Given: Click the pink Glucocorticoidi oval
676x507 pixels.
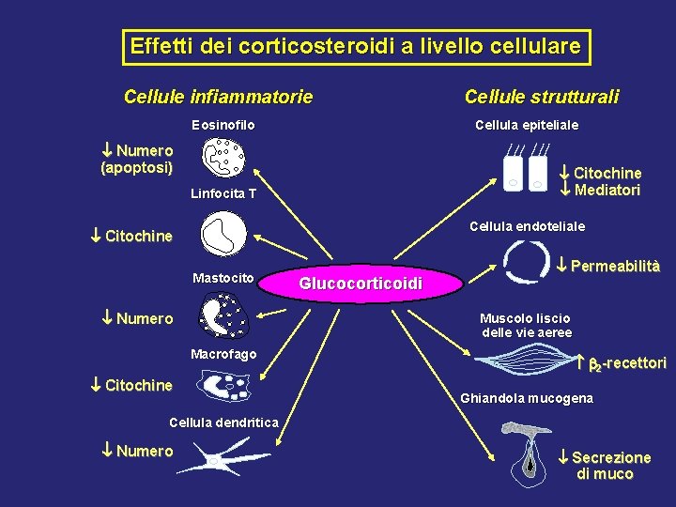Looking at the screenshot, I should pos(361,284).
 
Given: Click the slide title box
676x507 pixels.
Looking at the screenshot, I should pos(356,46).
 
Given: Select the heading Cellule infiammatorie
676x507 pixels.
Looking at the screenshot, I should pos(218,97).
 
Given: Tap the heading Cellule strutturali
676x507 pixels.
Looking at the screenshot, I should pos(541,97).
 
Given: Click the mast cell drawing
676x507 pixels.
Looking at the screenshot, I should pos(223,315).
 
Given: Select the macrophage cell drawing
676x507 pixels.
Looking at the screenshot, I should pos(224,385).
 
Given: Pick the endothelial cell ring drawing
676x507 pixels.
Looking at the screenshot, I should pos(526,262).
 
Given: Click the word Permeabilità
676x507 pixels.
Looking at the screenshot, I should pos(615,266).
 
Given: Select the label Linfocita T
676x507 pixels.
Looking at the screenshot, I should pos(223,194).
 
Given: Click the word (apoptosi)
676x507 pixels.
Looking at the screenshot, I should pos(137,168).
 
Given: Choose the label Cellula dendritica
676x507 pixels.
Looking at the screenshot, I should pos(223,422).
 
